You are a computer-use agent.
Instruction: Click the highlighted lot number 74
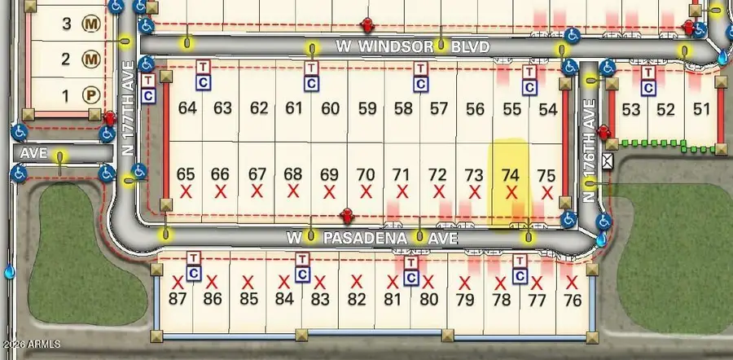coord(511,174)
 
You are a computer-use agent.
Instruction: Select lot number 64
coord(187,108)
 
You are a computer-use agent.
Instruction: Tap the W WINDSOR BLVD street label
coord(412,47)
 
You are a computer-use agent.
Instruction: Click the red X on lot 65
coord(187,192)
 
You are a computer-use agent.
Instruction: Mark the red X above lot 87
coord(178,282)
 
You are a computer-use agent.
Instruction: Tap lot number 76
coord(573,299)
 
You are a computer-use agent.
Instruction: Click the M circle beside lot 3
coord(93,24)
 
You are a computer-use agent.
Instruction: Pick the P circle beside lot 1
coord(93,95)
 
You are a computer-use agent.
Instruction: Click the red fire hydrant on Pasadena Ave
coord(346,217)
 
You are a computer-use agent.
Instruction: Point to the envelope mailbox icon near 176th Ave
coord(606,161)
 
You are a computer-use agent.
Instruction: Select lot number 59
coord(367,108)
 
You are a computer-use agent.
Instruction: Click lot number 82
coord(356,299)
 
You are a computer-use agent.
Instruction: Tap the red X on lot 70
coord(366,192)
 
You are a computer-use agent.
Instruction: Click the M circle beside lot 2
coord(93,59)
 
